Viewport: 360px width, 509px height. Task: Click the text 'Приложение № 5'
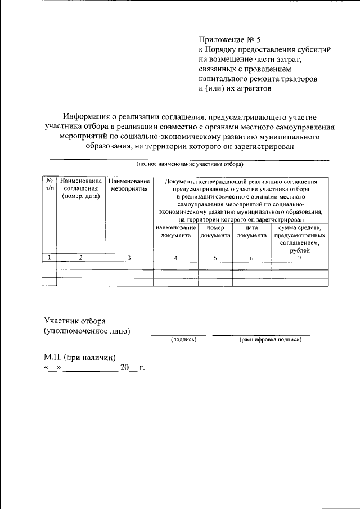pyautogui.click(x=230, y=40)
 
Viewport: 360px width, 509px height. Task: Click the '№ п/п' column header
pyautogui.click(x=49, y=184)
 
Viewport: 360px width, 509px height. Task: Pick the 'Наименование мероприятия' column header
pyautogui.click(x=129, y=184)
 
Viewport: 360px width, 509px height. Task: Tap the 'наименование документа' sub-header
pyautogui.click(x=175, y=232)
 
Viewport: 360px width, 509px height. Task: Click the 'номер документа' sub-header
pyautogui.click(x=215, y=232)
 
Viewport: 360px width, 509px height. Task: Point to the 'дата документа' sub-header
pyautogui.click(x=251, y=232)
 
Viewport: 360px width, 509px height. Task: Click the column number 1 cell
pyautogui.click(x=49, y=258)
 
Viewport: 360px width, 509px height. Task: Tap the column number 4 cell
pyautogui.click(x=175, y=258)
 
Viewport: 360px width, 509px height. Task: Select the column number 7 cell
pyautogui.click(x=300, y=258)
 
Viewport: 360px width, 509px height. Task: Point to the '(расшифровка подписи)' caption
pyautogui.click(x=271, y=340)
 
